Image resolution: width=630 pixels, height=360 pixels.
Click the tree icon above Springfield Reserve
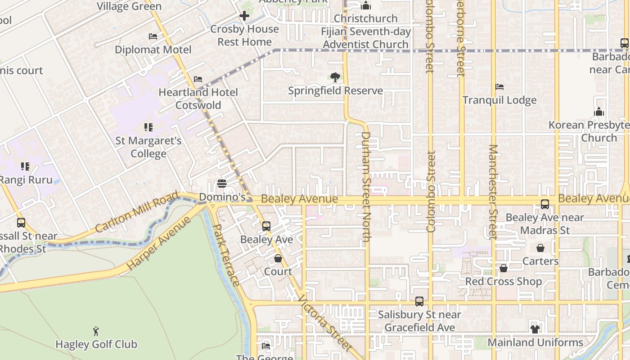[335, 77]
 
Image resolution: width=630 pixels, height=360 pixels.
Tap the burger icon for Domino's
[221, 184]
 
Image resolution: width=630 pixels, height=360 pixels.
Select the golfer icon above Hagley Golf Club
[96, 332]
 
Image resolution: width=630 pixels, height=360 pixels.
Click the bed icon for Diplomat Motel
[153, 36]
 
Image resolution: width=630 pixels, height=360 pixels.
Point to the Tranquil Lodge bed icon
[499, 87]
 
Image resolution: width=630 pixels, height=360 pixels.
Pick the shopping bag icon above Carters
[540, 248]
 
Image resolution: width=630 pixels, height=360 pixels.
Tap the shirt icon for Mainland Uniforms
[535, 329]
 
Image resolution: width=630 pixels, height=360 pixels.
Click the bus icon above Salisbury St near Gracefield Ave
[419, 301]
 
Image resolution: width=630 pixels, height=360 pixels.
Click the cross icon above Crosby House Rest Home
[244, 16]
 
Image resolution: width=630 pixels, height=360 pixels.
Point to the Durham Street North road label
[365, 186]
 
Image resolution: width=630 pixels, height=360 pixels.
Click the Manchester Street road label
[493, 191]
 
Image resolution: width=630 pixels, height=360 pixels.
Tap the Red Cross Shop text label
[503, 282]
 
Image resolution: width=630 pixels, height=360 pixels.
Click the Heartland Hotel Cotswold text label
[198, 99]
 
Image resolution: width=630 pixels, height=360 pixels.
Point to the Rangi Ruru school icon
[25, 167]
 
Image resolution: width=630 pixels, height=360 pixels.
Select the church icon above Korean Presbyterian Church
[599, 112]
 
